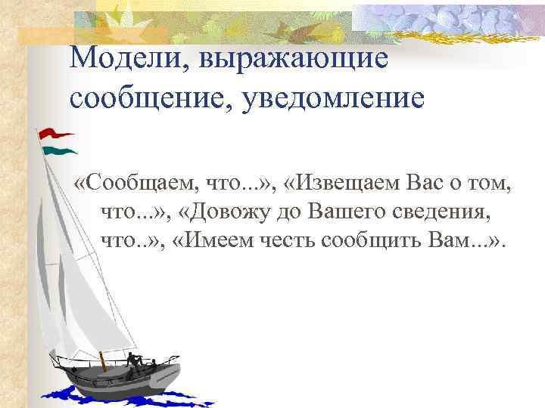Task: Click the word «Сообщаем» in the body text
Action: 139,184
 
